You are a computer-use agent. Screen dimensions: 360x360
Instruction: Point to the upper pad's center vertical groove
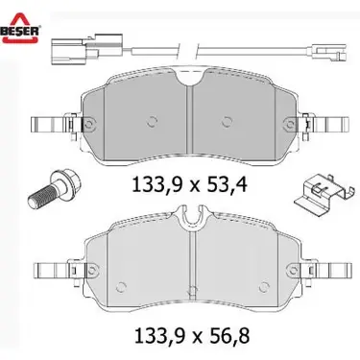coord(190,115)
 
